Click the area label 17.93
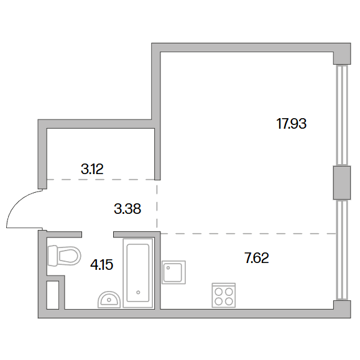[292, 124]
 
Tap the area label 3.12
[92, 169]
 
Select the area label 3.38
[127, 209]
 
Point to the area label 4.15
[102, 265]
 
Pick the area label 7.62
[257, 258]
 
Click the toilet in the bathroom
[64, 256]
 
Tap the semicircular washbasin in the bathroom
[109, 300]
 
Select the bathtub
[138, 273]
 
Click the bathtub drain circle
[138, 292]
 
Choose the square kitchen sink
[173, 272]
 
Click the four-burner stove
[224, 295]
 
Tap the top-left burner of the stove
[219, 292]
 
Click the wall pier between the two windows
[342, 183]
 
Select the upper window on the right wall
[342, 115]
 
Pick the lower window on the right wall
[342, 250]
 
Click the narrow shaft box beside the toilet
[53, 295]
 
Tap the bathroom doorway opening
[98, 234]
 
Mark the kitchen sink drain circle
[168, 268]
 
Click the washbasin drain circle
[109, 300]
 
